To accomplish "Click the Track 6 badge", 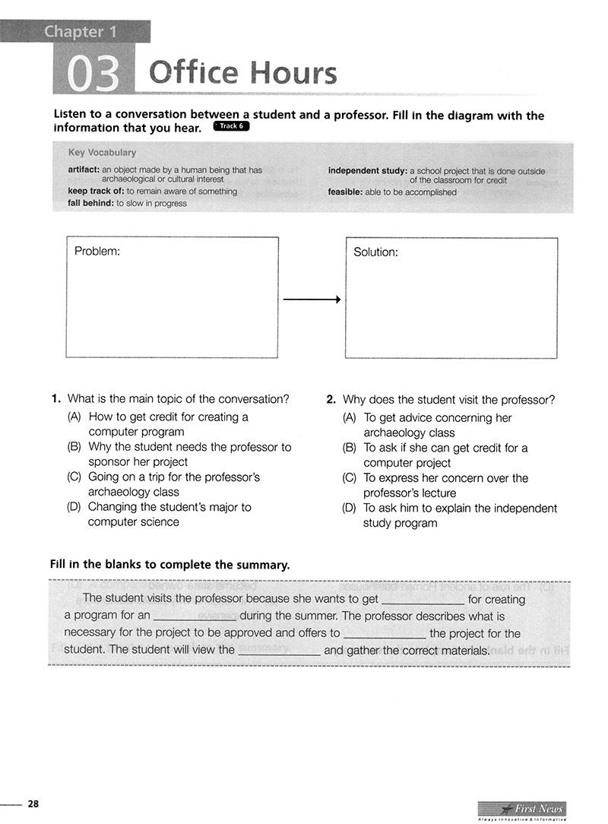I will pyautogui.click(x=232, y=126).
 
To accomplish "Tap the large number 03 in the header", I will pyautogui.click(x=94, y=74).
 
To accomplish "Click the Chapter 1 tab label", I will pyautogui.click(x=74, y=32).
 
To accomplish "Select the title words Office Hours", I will pyautogui.click(x=243, y=74).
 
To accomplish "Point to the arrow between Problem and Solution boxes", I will pyautogui.click(x=312, y=299).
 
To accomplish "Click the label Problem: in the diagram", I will pyautogui.click(x=97, y=251).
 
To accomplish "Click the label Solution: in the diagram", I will pyautogui.click(x=375, y=252).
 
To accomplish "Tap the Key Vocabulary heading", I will pyautogui.click(x=102, y=153).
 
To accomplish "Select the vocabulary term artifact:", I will pyautogui.click(x=84, y=170).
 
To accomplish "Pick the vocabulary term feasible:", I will pyautogui.click(x=346, y=192).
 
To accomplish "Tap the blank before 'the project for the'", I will pyautogui.click(x=385, y=634).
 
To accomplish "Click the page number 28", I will pyautogui.click(x=33, y=803).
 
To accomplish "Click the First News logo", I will pyautogui.click(x=522, y=810).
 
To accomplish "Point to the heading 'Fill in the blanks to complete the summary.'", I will pyautogui.click(x=169, y=565).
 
